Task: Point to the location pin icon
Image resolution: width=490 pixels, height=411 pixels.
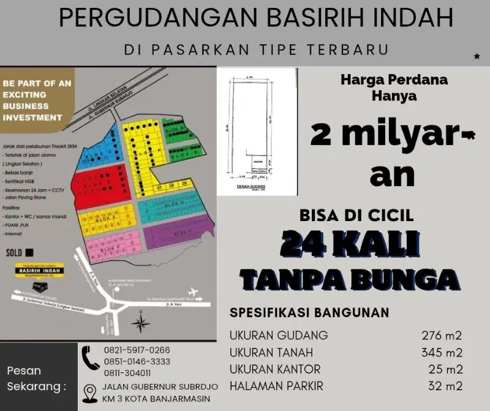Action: point(90,392)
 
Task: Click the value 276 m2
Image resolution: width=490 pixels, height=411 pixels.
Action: point(441,335)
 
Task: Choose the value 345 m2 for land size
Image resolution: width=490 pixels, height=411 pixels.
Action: point(441,352)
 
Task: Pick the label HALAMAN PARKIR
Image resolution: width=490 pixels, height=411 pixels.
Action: point(276,386)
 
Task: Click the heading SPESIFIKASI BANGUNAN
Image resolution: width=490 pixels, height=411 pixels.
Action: point(309,312)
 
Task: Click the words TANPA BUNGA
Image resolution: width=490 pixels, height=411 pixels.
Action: point(350,279)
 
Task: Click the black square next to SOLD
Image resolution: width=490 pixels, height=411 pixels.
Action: point(29,252)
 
